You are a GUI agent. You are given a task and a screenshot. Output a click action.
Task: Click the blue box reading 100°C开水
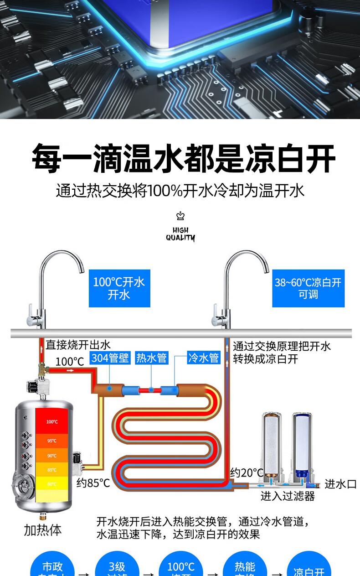(119, 288)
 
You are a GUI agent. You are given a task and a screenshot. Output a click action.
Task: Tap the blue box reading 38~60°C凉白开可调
(308, 288)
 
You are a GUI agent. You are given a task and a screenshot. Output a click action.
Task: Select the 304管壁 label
(110, 358)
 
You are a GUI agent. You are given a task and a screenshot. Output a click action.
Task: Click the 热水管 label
(152, 358)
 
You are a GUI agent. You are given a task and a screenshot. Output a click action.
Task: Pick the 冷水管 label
(203, 358)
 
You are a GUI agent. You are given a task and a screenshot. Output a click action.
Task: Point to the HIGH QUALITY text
(180, 234)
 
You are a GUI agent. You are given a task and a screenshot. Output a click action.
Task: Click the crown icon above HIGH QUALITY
(180, 216)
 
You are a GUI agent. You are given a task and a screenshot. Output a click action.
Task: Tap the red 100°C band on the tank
(52, 421)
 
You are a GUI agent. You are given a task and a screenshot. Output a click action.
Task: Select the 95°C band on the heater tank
(52, 441)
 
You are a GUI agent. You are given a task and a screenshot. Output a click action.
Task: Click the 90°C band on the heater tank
(52, 456)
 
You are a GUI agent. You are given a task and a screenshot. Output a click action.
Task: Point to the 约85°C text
(93, 483)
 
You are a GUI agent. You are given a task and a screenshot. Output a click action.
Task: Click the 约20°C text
(247, 472)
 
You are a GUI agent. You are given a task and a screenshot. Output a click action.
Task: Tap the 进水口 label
(340, 484)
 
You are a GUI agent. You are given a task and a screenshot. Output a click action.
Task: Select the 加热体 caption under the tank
(42, 530)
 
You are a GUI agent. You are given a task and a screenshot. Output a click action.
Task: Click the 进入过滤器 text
(288, 496)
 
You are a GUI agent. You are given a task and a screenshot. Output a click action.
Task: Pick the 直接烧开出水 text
(78, 344)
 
